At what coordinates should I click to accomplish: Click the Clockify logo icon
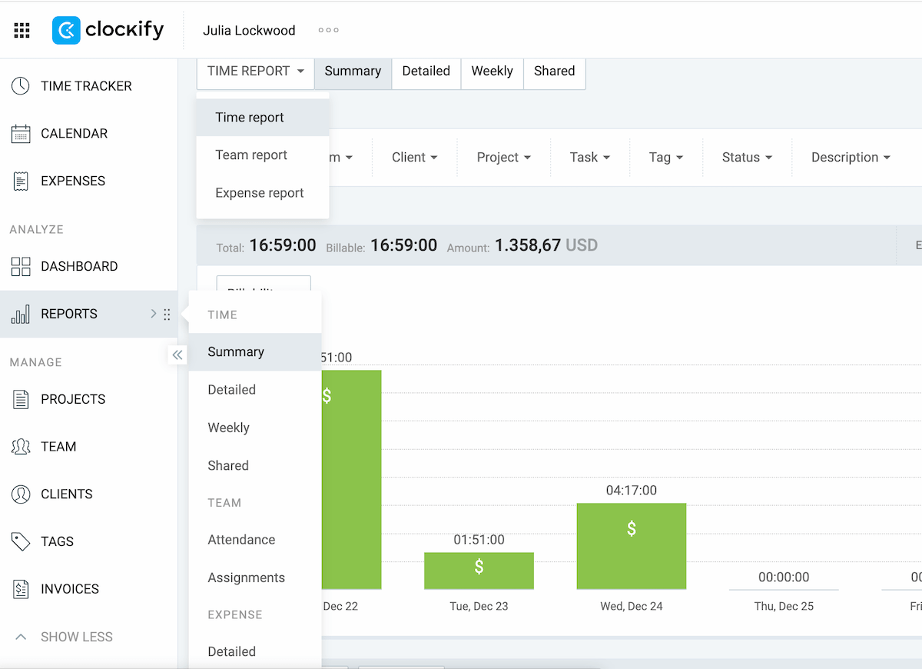(x=67, y=31)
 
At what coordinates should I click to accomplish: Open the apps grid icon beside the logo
(x=22, y=31)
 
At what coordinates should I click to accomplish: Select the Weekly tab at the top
(x=492, y=72)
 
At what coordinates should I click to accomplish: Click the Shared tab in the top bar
(x=554, y=72)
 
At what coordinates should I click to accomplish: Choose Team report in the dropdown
(x=251, y=155)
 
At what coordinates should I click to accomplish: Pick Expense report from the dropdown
(x=260, y=193)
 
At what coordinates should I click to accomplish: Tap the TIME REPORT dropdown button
(x=255, y=72)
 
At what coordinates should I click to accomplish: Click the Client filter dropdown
(x=414, y=158)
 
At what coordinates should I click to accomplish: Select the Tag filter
(x=665, y=158)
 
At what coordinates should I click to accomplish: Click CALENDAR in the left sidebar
(x=74, y=134)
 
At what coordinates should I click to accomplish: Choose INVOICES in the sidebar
(x=70, y=589)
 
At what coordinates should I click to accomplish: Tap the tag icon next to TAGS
(x=21, y=541)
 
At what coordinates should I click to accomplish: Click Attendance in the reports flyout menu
(x=241, y=540)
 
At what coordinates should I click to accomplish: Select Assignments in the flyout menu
(x=246, y=577)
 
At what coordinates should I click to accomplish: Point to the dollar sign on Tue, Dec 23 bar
(x=479, y=567)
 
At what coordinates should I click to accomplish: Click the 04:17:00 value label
(x=631, y=491)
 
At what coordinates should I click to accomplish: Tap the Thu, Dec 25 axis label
(x=784, y=607)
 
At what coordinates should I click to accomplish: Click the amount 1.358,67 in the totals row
(x=527, y=246)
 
